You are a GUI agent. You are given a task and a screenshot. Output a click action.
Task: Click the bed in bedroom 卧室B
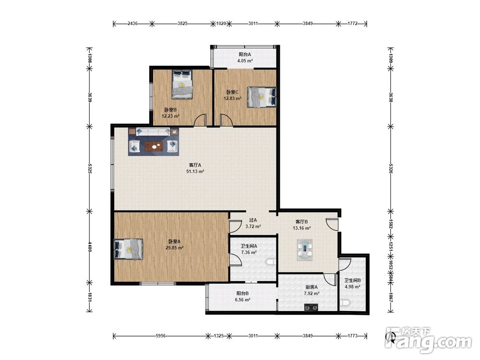pos(182,84)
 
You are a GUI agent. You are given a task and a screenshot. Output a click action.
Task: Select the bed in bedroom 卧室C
pos(262,97)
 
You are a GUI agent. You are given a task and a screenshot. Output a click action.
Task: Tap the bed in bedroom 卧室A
pos(128,249)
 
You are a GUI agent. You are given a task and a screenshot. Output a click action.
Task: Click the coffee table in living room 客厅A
pos(154,146)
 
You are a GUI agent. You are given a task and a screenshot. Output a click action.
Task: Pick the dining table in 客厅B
pos(305,250)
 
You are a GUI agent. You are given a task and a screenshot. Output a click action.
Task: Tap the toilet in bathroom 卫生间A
pos(271,262)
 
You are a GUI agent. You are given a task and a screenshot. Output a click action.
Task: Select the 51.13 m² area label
pos(195,171)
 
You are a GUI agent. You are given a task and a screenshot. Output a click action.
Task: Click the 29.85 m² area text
pos(174,248)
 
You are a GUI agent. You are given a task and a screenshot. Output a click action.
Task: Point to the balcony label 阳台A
pos(245,55)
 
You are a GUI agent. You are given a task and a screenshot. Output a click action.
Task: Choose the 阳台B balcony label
pos(242,293)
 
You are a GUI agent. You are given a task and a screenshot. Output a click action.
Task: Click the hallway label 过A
pos(253,220)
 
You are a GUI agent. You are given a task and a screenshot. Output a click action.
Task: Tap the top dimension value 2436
pos(132,23)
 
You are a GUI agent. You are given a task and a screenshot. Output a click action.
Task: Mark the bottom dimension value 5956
pos(160,336)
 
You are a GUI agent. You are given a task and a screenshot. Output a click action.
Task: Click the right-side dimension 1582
pos(391,224)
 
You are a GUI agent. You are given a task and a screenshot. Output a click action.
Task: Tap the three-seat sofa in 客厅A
pos(153,132)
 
